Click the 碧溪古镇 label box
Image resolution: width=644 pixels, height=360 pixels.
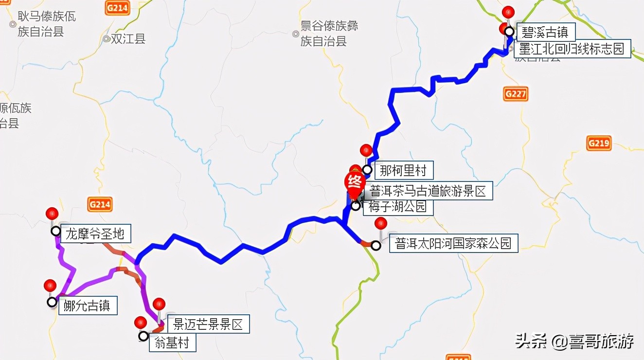pos(545,33)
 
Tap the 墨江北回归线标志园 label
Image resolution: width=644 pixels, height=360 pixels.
pos(572,49)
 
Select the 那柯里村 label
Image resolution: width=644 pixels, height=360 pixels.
pos(403,170)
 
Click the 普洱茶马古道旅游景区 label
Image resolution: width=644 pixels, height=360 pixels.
pos(428,191)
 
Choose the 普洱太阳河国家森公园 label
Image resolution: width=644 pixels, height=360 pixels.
pos(453,243)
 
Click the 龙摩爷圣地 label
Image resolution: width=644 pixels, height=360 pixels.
pos(95,234)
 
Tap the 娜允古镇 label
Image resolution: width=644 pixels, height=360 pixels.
pos(87,306)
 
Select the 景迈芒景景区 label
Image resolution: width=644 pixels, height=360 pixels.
pos(208,324)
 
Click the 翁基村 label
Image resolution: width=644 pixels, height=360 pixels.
pos(172,343)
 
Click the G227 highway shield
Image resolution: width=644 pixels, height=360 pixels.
pos(515,93)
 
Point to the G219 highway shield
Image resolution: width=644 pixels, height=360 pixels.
pos(598,143)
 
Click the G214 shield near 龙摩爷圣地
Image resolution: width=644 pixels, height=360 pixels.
pos(100,204)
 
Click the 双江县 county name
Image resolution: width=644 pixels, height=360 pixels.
pos(128,39)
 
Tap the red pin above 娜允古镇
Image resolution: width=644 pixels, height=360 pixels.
pos(50,286)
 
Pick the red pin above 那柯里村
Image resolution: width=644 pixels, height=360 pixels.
pos(366,151)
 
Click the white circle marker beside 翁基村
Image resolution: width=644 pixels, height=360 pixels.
pos(143,336)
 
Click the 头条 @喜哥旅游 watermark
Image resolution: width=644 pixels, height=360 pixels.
pos(574,342)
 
